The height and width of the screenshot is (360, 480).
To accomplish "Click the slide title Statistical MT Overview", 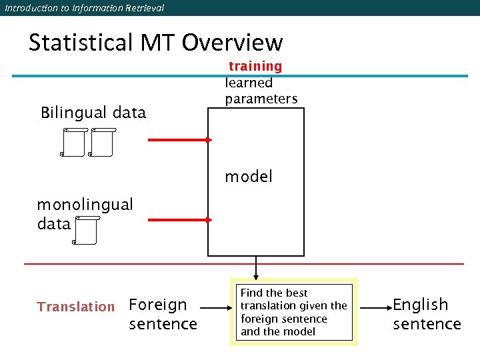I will point(155,43).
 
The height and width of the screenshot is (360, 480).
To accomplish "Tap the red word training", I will point(255,66).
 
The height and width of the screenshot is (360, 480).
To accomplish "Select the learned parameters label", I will point(261,91).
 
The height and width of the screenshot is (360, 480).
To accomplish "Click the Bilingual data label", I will point(93,112).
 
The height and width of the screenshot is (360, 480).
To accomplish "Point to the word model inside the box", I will point(249,177).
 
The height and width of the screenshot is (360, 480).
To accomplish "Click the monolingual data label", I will point(85,213).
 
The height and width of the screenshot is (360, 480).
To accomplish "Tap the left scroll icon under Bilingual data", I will point(73,142).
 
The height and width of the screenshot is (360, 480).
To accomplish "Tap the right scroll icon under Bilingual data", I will point(101,142).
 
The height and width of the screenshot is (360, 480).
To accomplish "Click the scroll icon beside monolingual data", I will point(85,230).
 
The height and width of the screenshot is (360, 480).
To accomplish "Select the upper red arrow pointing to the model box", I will point(179,139).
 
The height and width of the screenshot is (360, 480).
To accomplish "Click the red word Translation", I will point(76,307).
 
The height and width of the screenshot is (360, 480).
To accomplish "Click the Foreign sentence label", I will point(162,314).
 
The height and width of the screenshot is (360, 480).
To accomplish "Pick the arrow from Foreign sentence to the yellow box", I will point(216,309).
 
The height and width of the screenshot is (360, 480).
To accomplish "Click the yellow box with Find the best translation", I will point(294,312).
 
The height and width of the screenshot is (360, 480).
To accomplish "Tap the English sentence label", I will point(427,314).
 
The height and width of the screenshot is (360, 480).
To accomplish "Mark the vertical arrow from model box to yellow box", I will point(255,268).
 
